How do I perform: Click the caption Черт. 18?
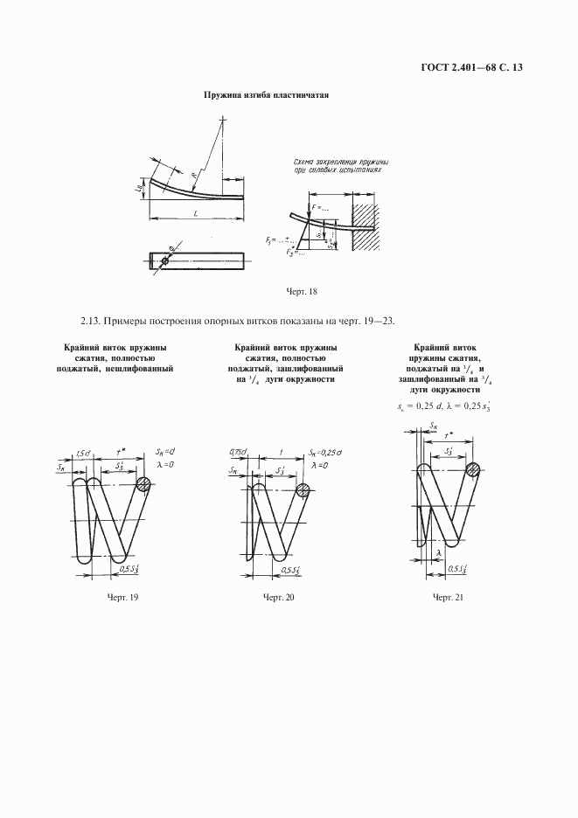point(302,290)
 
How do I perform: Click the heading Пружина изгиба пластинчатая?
point(266,94)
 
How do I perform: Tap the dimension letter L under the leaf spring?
point(194,212)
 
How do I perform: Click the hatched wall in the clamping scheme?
point(366,227)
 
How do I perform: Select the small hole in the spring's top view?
point(165,260)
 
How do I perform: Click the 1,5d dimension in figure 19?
point(84,454)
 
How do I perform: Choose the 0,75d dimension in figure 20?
point(238,452)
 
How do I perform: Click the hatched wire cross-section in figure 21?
point(473,469)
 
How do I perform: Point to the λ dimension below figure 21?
point(437,552)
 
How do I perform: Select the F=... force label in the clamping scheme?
point(320,208)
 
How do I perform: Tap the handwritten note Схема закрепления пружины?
point(342,163)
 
